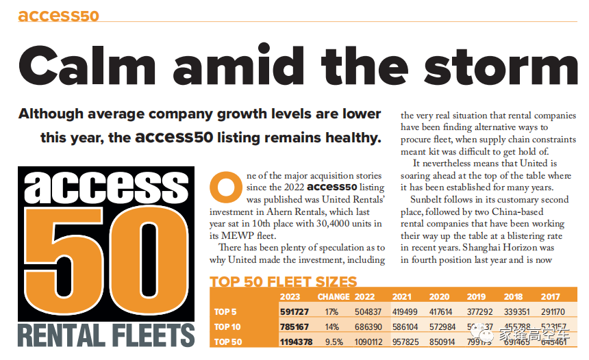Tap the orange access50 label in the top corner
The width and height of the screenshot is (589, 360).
(59, 15)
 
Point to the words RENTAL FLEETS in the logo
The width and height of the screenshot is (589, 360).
(107, 335)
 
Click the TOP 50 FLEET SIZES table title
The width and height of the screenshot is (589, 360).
(283, 282)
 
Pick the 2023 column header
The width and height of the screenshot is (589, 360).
(290, 297)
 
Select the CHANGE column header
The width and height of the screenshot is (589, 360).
(334, 297)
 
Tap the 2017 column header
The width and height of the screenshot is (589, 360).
(549, 297)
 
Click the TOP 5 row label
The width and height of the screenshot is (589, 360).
(226, 312)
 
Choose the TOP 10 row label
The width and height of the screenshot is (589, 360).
(228, 326)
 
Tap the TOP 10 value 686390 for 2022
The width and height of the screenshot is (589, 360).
(368, 326)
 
